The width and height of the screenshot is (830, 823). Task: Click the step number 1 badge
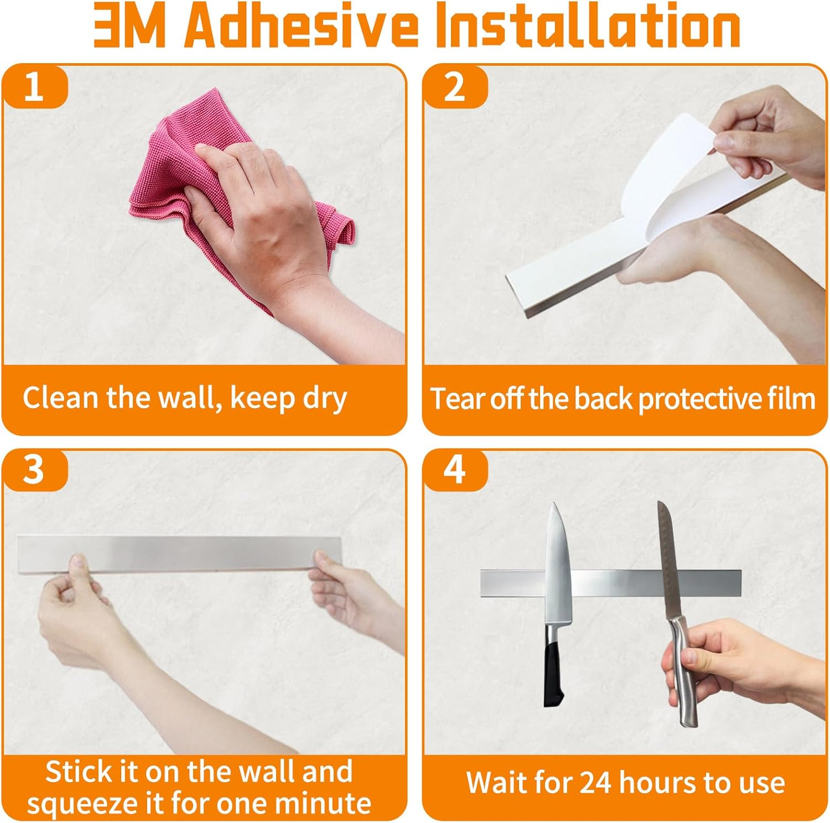tap(34, 87)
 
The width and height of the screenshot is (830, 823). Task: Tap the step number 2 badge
tap(455, 87)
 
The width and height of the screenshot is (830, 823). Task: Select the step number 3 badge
tap(34, 470)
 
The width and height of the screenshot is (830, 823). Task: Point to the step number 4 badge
tap(455, 470)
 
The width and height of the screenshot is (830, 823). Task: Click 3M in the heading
tap(130, 27)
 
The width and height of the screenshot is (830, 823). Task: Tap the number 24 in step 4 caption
tap(596, 783)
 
